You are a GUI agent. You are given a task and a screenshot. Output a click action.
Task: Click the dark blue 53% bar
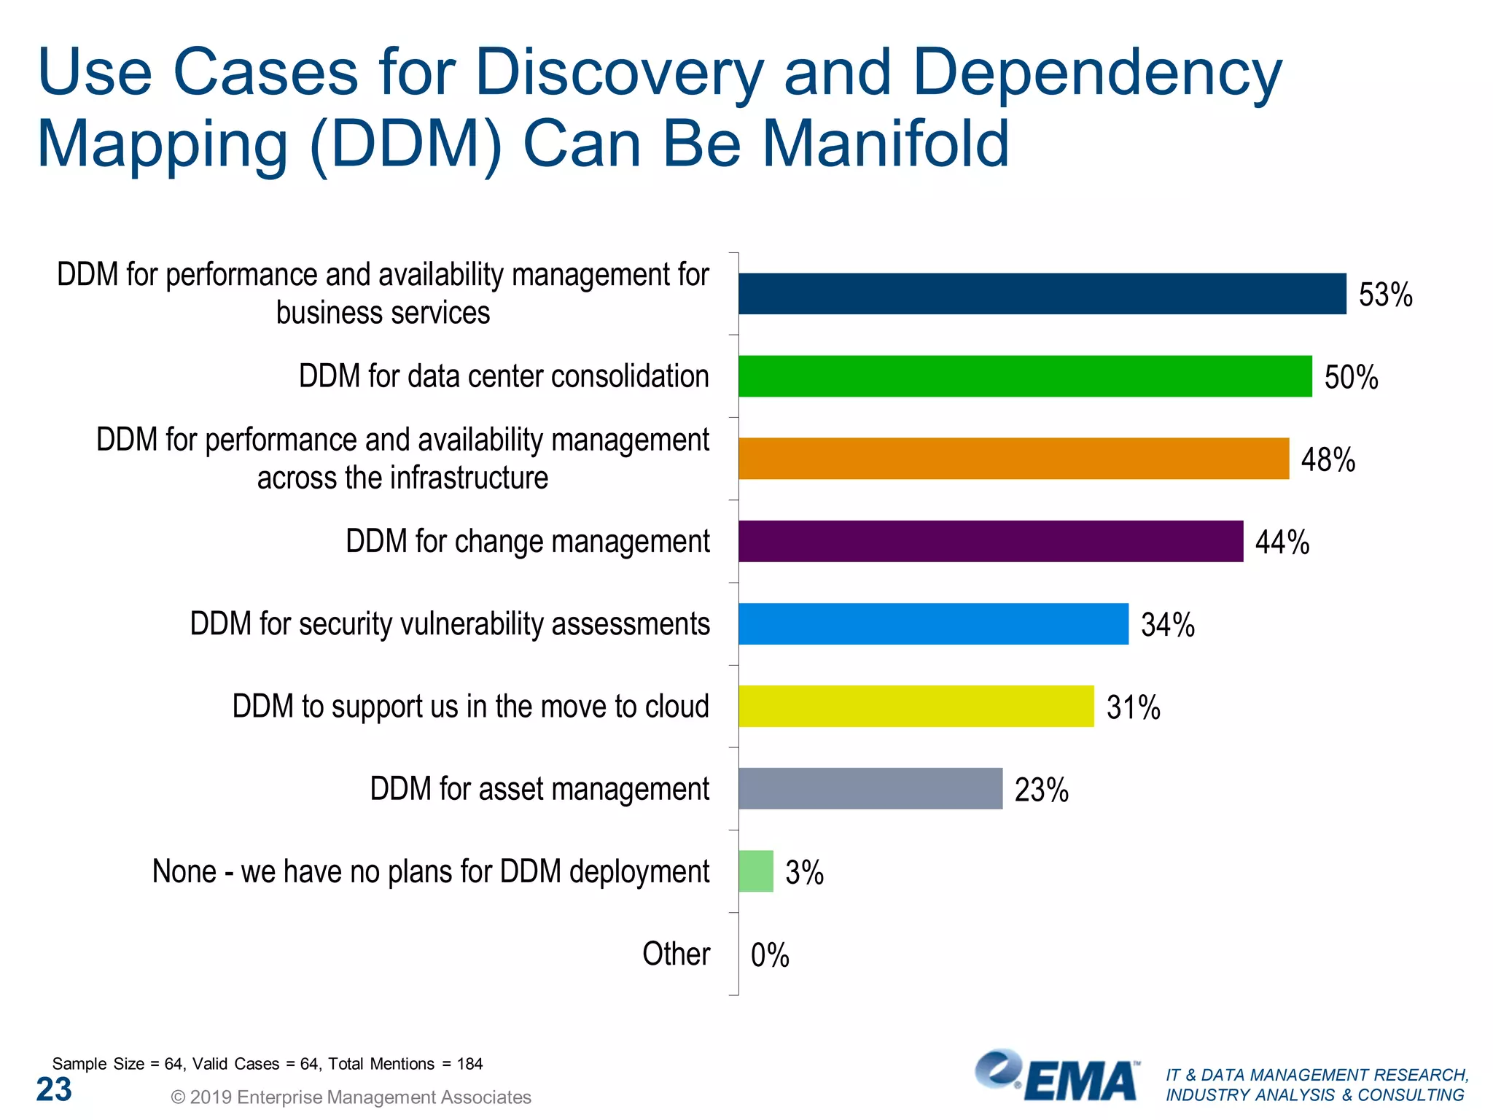point(1042,294)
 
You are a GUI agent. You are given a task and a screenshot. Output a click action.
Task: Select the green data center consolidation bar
point(1024,376)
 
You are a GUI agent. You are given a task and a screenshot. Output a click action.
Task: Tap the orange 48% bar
point(1013,459)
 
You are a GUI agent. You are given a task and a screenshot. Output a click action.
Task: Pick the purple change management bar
point(990,541)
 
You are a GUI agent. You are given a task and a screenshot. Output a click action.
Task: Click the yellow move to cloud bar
point(916,706)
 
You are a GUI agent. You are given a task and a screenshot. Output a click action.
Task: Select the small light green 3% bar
point(755,871)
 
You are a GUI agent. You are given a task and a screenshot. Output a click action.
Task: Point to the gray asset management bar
point(870,788)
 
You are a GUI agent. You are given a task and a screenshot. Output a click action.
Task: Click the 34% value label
point(1167,625)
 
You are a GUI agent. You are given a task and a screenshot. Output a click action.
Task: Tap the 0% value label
point(769,954)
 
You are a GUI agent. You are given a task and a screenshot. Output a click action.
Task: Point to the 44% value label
point(1282,542)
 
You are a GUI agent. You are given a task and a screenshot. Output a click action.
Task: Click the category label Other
point(676,954)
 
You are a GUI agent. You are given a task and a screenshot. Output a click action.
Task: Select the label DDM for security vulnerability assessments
point(450,624)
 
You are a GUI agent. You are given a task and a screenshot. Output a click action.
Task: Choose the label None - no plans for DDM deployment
point(430,871)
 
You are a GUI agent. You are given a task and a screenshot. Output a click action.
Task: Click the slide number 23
point(54,1089)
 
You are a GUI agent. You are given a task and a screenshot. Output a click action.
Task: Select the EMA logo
point(1057,1077)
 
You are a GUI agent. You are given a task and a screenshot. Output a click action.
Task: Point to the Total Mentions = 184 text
point(405,1064)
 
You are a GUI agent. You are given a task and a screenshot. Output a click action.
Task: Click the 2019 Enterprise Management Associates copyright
point(351,1097)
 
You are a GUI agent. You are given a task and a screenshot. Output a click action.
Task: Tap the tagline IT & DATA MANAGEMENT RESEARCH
point(1317,1075)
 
